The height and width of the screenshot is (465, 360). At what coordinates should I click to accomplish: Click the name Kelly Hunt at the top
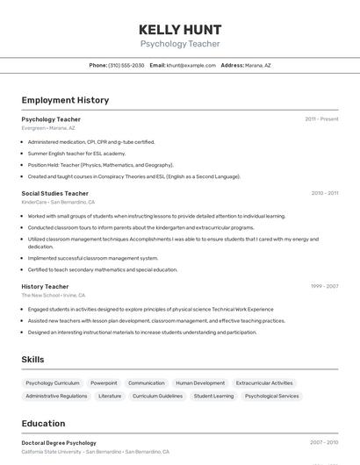click(x=180, y=29)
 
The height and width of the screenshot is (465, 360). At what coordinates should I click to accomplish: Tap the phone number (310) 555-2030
click(x=126, y=65)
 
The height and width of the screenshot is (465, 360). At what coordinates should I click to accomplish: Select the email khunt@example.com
click(x=191, y=65)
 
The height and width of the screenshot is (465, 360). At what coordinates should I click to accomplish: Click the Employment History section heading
click(x=65, y=100)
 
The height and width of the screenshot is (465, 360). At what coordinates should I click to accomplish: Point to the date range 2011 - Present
click(x=321, y=118)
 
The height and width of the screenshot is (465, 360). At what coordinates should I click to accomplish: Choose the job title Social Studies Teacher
click(x=54, y=193)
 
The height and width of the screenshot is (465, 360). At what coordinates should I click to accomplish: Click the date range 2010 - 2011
click(x=324, y=193)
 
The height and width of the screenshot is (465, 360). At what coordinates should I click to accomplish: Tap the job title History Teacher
click(x=45, y=286)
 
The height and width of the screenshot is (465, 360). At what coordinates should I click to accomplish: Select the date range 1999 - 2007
click(x=324, y=286)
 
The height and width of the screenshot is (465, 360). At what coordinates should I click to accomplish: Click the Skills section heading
click(x=32, y=360)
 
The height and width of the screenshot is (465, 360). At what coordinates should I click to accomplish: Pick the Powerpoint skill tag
click(x=104, y=383)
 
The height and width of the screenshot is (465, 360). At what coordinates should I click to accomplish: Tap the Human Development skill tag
click(x=200, y=383)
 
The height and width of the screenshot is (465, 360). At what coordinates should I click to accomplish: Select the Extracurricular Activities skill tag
click(x=264, y=383)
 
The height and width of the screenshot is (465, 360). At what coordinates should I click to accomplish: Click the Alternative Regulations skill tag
click(x=56, y=396)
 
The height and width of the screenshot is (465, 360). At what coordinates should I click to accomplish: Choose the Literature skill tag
click(x=110, y=396)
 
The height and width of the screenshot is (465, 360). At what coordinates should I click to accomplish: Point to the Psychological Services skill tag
click(x=272, y=396)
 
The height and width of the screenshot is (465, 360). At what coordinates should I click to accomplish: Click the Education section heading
click(x=43, y=424)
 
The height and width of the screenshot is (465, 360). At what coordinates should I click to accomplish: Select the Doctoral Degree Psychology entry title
click(x=59, y=443)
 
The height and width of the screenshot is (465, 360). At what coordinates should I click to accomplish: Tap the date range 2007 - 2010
click(x=324, y=443)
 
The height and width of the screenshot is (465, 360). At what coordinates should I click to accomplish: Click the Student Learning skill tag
click(x=213, y=396)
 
